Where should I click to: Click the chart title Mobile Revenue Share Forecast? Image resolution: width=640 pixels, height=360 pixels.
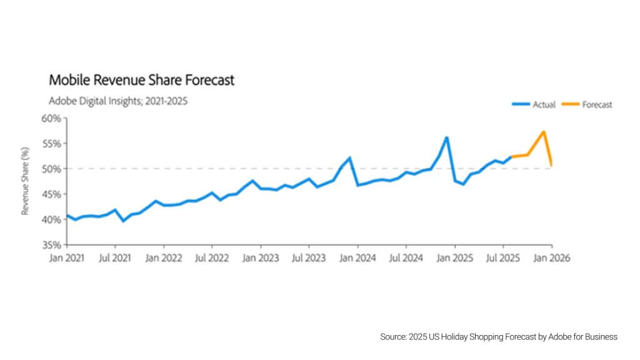(x=141, y=80)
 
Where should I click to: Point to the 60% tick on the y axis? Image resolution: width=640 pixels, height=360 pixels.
(x=52, y=118)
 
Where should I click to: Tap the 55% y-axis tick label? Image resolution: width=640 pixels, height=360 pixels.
(x=52, y=143)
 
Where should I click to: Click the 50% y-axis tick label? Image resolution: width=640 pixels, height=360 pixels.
(x=52, y=169)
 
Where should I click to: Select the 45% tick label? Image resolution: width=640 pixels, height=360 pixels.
(x=52, y=194)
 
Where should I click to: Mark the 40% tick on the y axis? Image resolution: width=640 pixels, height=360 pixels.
(x=52, y=219)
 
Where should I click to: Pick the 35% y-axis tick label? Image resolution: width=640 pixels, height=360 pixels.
(x=52, y=244)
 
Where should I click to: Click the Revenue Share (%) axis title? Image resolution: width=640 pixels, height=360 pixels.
(x=26, y=181)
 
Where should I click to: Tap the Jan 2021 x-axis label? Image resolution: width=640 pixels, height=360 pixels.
(x=67, y=257)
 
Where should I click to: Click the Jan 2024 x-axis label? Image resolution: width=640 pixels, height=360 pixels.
(x=357, y=257)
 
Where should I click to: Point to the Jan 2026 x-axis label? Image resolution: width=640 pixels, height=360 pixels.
(x=551, y=257)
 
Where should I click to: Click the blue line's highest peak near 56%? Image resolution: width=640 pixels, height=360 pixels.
(x=447, y=137)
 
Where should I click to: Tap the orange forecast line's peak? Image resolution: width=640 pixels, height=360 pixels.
(x=544, y=132)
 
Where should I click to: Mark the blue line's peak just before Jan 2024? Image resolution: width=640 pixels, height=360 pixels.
(x=349, y=157)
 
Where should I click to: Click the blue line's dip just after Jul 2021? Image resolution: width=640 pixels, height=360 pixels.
(x=123, y=221)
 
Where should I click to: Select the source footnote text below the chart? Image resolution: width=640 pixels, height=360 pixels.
(x=498, y=337)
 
